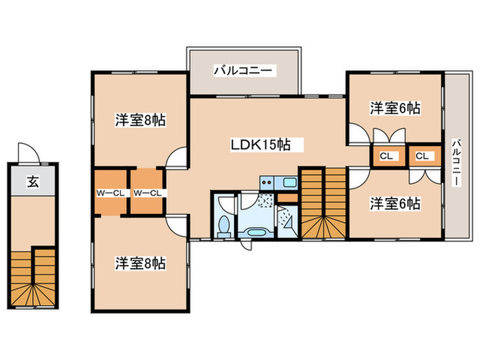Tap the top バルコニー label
243,70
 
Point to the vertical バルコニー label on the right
455,162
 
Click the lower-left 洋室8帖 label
140,263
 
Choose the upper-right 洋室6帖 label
395,108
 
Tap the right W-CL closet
147,193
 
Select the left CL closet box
387,156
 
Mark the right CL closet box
422,156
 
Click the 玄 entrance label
32,182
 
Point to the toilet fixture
223,224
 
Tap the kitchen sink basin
289,182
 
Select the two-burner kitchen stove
267,182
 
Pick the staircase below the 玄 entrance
32,277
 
